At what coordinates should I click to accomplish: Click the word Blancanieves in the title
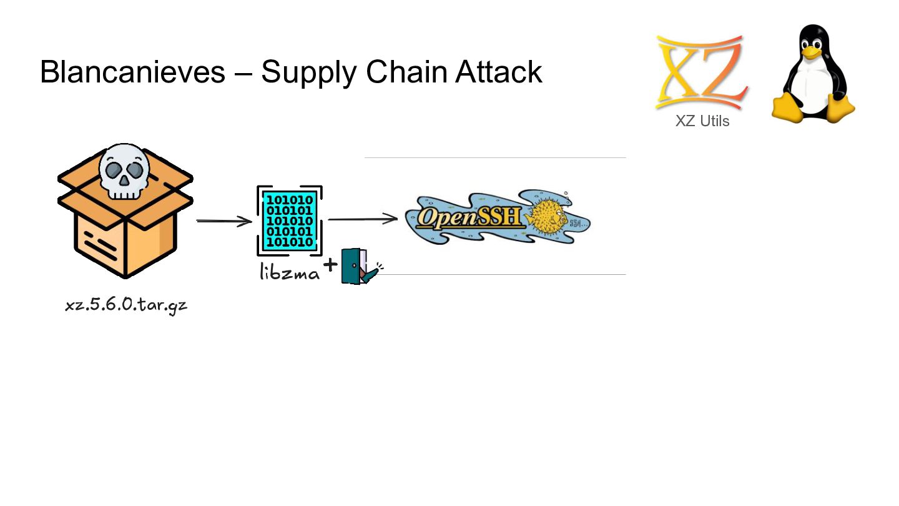pos(132,72)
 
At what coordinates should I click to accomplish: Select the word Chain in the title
pos(406,72)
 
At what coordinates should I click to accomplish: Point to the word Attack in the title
pos(499,72)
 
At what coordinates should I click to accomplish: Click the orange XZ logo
pos(702,72)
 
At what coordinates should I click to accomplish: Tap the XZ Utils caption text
pos(702,121)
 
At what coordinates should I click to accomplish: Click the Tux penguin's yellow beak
pos(811,53)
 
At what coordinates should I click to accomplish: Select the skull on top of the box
pos(124,171)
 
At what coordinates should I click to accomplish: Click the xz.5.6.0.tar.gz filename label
pos(126,305)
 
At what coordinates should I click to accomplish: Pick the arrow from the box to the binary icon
pos(224,221)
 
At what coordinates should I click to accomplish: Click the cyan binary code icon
pos(290,221)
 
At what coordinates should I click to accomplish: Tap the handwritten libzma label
pos(290,272)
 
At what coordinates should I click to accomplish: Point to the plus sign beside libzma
pos(330,265)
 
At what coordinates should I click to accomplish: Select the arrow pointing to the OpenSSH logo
pos(363,219)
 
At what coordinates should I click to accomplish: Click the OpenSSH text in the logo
pos(469,217)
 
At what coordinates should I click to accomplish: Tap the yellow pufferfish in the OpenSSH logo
pos(548,216)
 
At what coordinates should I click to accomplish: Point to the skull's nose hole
pos(125,180)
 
